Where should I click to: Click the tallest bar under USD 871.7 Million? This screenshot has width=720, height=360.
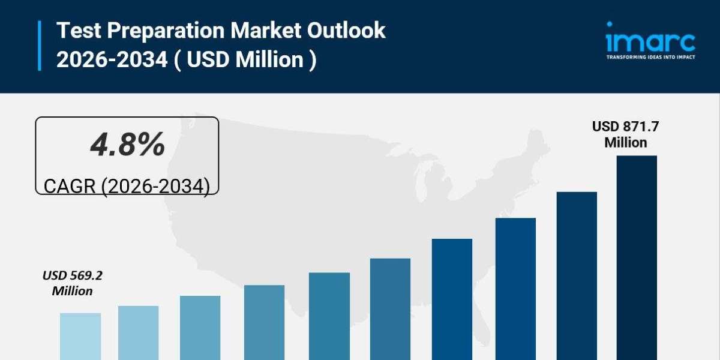pos(637,258)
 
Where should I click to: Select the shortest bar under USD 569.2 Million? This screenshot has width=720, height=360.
pos(80,336)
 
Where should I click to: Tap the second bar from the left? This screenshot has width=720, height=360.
pos(139,333)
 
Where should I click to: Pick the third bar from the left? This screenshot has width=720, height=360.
pos(200,328)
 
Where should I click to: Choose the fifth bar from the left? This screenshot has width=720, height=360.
pos(329,316)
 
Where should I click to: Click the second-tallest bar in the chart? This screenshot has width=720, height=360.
pos(577,276)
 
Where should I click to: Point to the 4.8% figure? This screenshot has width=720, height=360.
pos(127,145)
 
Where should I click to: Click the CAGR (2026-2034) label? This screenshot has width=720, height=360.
pos(127,186)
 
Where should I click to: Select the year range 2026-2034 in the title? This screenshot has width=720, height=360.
pos(112,60)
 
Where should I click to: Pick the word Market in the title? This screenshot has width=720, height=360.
pos(265,31)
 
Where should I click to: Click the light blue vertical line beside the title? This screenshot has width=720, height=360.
pos(40,45)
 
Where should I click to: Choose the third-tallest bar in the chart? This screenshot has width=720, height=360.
pos(515,289)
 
